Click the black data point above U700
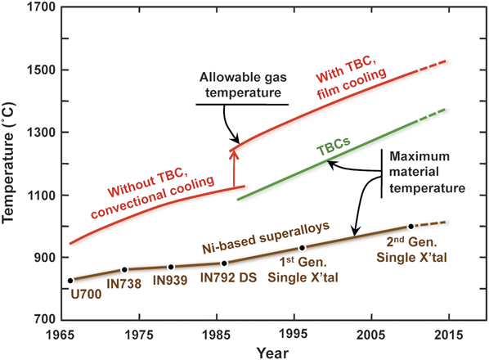[70, 280]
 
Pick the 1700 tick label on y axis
[40, 8]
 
